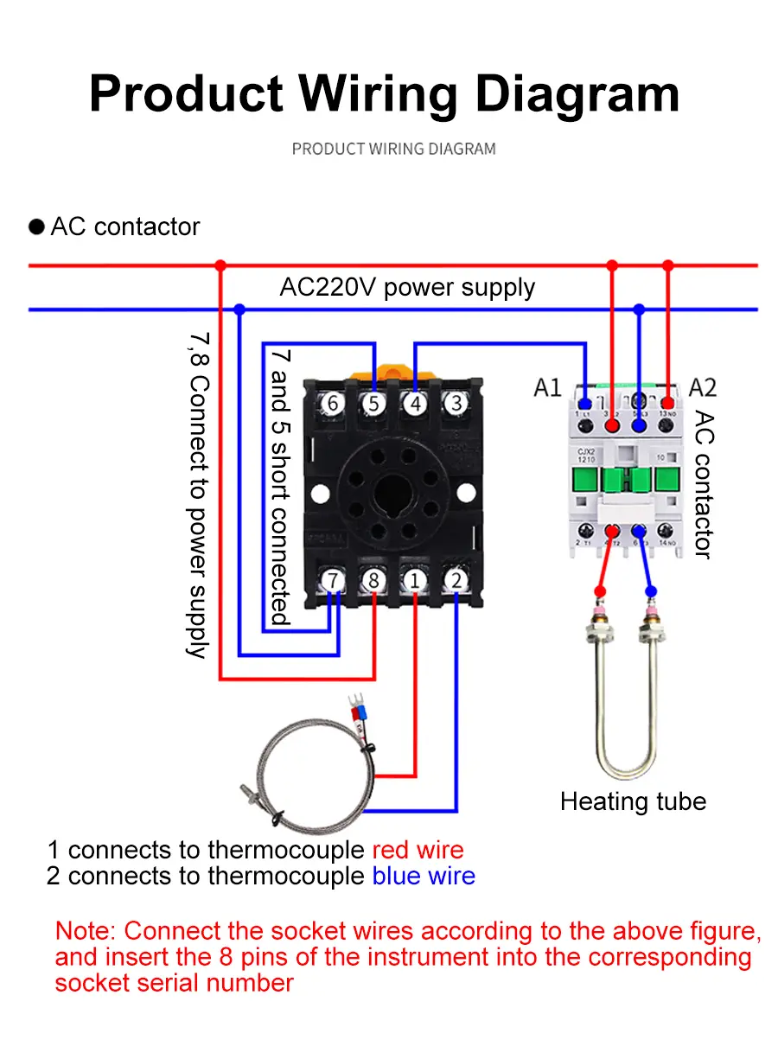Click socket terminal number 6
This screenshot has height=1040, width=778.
[332, 403]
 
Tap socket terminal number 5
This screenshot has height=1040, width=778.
[373, 403]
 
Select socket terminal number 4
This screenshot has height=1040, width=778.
[415, 403]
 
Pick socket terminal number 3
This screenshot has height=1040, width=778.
[456, 403]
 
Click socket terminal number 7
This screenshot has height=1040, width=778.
[334, 580]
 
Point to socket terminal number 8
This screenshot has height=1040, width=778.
[374, 580]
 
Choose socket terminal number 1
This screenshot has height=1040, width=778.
[415, 580]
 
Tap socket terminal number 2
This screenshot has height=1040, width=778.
[456, 580]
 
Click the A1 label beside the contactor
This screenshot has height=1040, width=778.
[547, 387]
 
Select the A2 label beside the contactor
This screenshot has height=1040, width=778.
[703, 387]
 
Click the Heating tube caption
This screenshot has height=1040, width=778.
[633, 801]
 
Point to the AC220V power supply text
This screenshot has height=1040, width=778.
[407, 287]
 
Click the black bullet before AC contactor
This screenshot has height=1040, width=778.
[37, 227]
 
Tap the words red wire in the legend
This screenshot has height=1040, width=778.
[418, 851]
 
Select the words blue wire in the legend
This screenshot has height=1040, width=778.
[424, 876]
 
